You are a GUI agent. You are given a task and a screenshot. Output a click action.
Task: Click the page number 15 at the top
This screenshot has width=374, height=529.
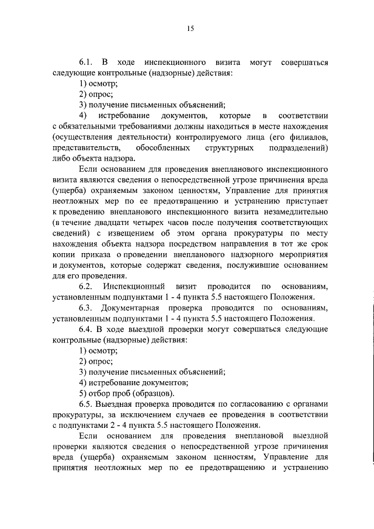point(190,28)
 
